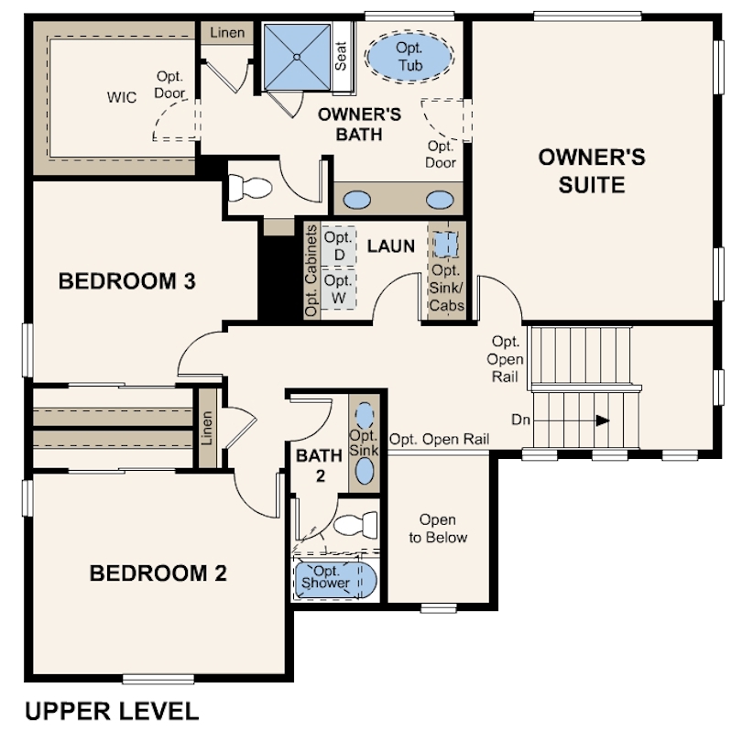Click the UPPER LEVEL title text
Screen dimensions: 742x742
pyautogui.click(x=112, y=711)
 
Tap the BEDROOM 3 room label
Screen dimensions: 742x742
pyautogui.click(x=126, y=281)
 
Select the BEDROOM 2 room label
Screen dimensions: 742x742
pyautogui.click(x=158, y=573)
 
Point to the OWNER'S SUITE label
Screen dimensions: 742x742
pyautogui.click(x=592, y=170)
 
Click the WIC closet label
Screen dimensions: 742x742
pyautogui.click(x=122, y=97)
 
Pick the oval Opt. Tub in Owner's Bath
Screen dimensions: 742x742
pyautogui.click(x=409, y=57)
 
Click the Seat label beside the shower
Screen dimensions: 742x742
pyautogui.click(x=341, y=56)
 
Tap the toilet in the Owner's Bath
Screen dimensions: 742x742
pyautogui.click(x=250, y=187)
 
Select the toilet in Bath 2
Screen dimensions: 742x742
pyautogui.click(x=355, y=524)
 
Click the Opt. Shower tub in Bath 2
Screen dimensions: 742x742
pyautogui.click(x=335, y=579)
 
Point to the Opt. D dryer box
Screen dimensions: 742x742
pyautogui.click(x=339, y=246)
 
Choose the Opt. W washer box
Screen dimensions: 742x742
pyautogui.click(x=339, y=289)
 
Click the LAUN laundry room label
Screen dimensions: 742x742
pyautogui.click(x=391, y=246)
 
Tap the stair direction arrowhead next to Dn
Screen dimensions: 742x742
pyautogui.click(x=603, y=420)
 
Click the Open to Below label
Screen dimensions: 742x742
pyautogui.click(x=438, y=529)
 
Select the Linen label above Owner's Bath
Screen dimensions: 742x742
pyautogui.click(x=227, y=33)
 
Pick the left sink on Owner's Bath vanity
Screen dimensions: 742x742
pyautogui.click(x=357, y=200)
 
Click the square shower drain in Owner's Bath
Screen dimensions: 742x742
pyautogui.click(x=297, y=57)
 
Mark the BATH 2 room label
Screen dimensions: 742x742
pyautogui.click(x=320, y=465)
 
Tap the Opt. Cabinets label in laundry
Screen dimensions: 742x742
pyautogui.click(x=311, y=270)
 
